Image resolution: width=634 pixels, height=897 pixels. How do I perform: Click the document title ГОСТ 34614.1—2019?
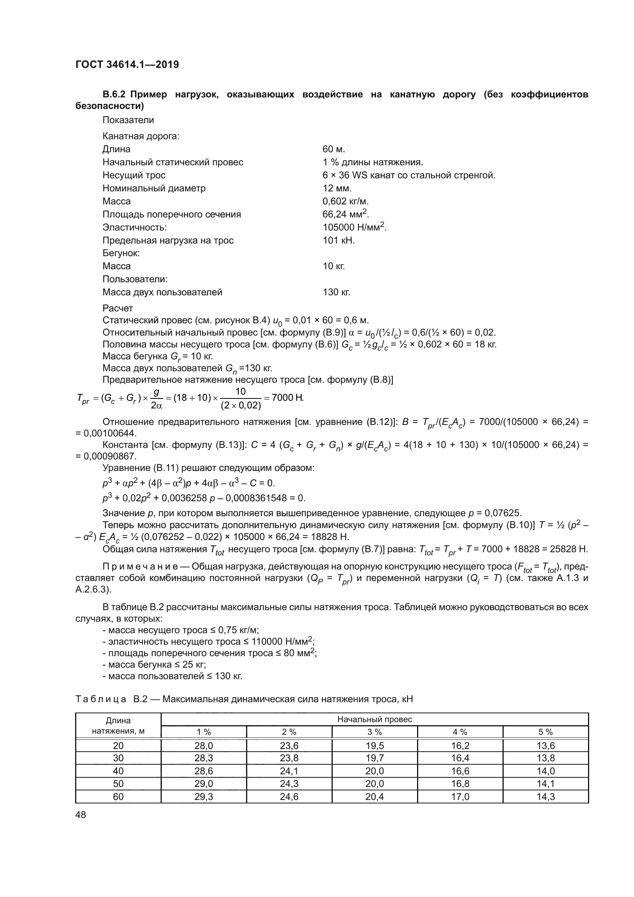pyautogui.click(x=127, y=64)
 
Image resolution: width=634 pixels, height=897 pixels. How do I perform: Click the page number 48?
pyautogui.click(x=81, y=815)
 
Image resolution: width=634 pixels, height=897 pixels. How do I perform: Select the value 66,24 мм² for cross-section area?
pyautogui.click(x=345, y=214)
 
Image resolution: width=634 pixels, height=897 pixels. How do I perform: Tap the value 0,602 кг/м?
pyautogui.click(x=345, y=201)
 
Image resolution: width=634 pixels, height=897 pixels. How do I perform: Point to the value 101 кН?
pyautogui.click(x=338, y=240)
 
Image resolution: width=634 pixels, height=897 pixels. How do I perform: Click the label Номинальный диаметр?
pyautogui.click(x=154, y=188)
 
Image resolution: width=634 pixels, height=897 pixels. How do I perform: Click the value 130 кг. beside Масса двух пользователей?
pyautogui.click(x=336, y=292)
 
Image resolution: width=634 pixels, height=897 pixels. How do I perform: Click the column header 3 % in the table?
pyautogui.click(x=374, y=732)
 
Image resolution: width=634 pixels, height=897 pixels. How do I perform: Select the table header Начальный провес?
pyautogui.click(x=374, y=719)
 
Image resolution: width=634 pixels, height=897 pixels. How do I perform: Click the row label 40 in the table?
pyautogui.click(x=118, y=771)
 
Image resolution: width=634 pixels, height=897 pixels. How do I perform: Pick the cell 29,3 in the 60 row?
pyautogui.click(x=204, y=797)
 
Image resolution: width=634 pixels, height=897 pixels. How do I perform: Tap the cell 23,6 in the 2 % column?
pyautogui.click(x=289, y=746)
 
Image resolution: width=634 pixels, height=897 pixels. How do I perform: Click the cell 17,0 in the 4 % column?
pyautogui.click(x=460, y=797)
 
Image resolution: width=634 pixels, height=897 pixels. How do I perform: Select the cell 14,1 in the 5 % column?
pyautogui.click(x=545, y=784)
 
